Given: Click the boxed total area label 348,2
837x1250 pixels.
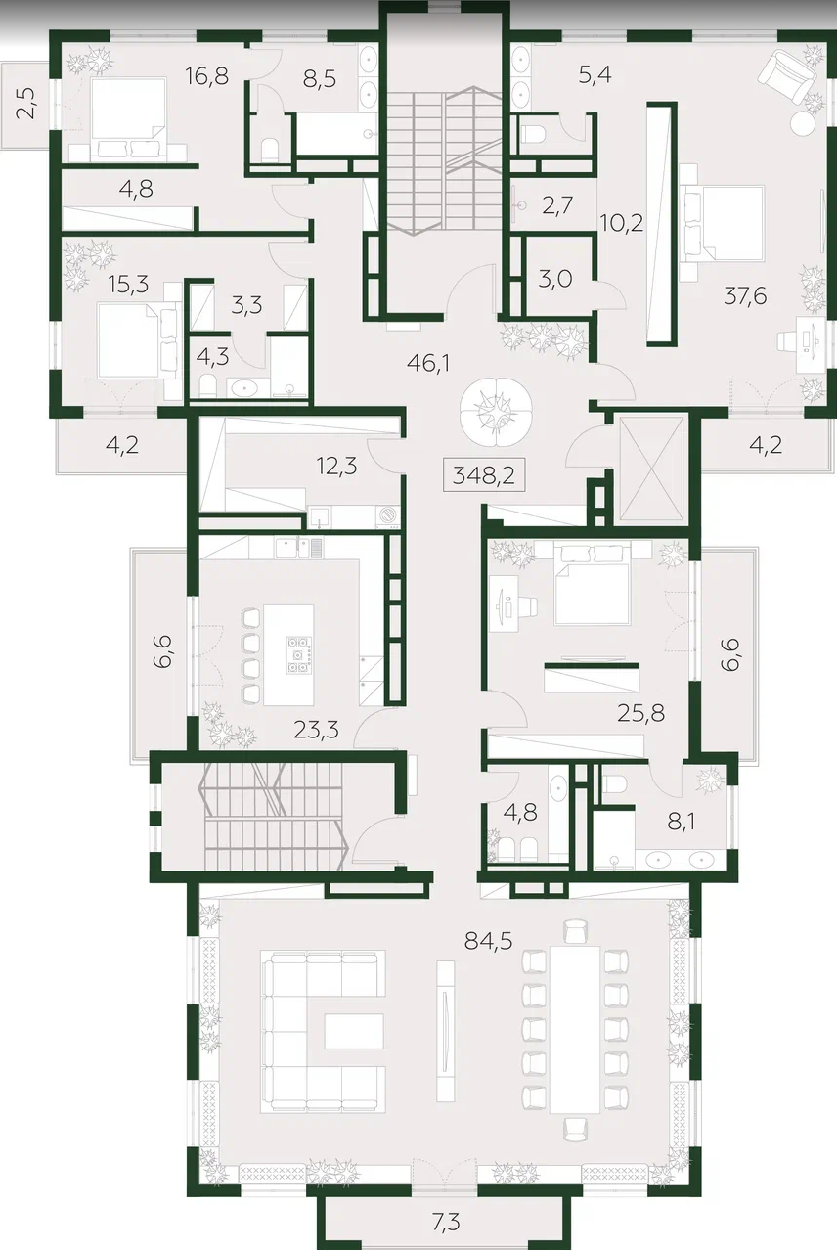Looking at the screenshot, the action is (483, 475).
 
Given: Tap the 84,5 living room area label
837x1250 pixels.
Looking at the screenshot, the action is (489, 941).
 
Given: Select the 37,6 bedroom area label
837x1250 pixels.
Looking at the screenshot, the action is (745, 296).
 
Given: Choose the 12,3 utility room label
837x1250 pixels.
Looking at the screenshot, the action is (336, 466).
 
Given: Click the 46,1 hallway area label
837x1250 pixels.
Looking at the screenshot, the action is (428, 364).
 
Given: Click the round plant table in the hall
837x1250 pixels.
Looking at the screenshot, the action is (496, 412).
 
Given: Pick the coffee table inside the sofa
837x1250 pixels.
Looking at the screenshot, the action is (354, 1031).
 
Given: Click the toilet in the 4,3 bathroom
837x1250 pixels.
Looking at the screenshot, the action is (207, 386).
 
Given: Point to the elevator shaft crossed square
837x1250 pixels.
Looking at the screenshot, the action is (652, 469).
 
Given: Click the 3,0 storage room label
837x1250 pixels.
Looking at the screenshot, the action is (554, 279).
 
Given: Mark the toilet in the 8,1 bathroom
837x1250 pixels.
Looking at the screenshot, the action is (613, 784).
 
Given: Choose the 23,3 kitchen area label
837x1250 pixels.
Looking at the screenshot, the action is (316, 730).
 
